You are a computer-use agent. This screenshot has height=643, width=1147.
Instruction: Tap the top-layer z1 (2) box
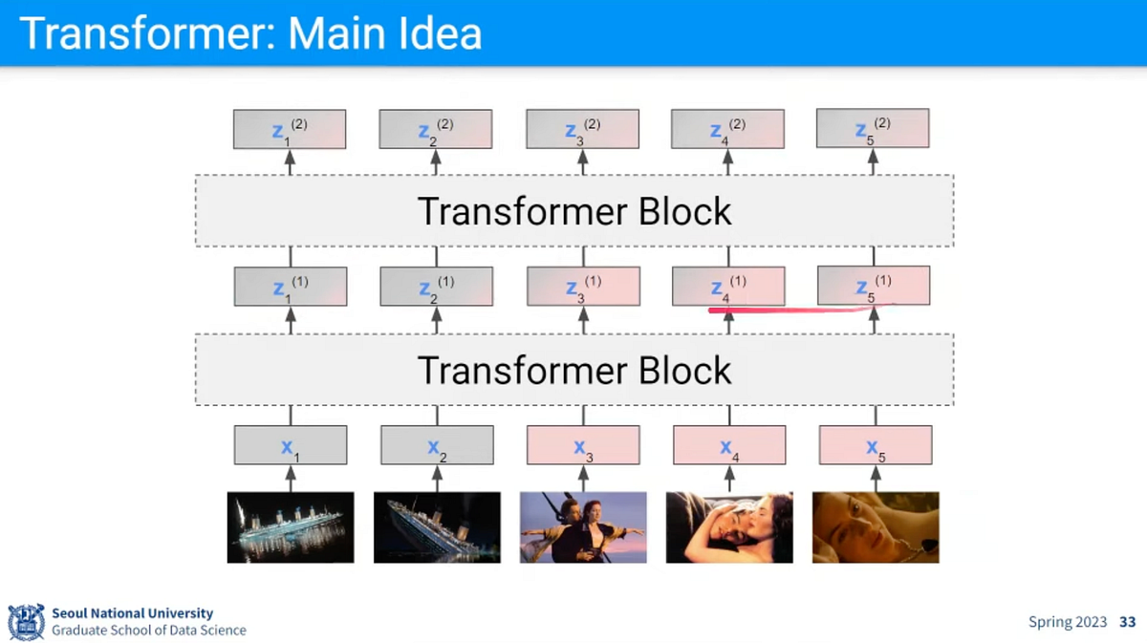point(290,129)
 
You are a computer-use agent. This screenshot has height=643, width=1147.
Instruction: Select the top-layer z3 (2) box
point(582,129)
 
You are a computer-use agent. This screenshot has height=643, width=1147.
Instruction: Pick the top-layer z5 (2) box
point(872,129)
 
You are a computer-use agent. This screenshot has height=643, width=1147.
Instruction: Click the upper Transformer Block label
point(574,211)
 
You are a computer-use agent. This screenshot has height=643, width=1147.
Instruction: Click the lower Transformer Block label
point(574,369)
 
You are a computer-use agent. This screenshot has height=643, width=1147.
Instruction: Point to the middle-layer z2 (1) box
point(436,287)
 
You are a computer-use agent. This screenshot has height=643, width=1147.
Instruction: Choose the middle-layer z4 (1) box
point(728,287)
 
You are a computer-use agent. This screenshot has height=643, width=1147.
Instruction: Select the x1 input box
point(291,445)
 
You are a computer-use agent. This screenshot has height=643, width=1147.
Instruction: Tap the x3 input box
point(583,445)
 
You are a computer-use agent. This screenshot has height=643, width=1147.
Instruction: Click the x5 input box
point(875,445)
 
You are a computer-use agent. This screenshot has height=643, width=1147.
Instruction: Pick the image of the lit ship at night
point(291,526)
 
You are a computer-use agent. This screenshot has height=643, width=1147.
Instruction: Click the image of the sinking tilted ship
point(436,526)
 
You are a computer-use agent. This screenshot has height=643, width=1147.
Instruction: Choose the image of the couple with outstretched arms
point(583,526)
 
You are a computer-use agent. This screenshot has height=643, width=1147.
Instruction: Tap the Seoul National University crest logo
point(26,622)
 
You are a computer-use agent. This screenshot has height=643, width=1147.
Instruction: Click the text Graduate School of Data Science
point(148,631)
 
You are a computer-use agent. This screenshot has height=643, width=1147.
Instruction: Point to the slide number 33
point(1127,622)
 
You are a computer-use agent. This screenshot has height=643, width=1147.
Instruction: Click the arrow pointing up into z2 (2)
point(436,161)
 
